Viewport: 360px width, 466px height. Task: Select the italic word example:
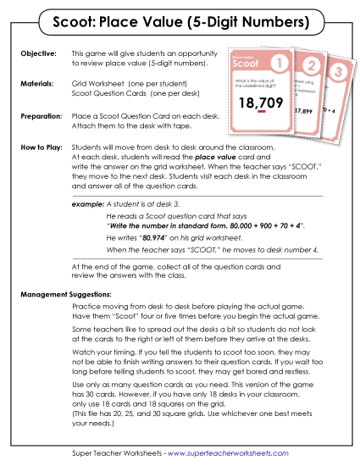point(88,205)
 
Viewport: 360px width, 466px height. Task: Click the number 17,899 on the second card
point(302,110)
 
